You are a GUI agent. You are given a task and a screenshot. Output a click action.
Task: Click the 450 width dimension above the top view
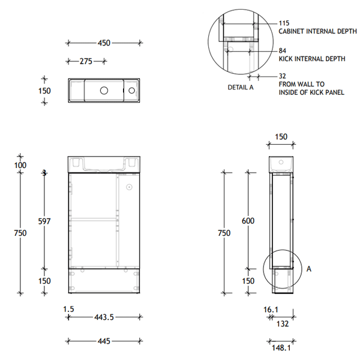[x=104, y=43]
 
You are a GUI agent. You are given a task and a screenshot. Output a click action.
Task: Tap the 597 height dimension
[x=44, y=221]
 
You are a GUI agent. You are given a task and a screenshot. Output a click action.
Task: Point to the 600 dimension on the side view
[x=248, y=221]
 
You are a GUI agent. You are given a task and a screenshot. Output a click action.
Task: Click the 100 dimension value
[x=20, y=165]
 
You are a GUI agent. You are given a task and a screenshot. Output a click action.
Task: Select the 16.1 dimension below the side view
[x=271, y=309]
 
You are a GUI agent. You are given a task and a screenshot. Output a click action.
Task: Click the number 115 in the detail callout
[x=284, y=23]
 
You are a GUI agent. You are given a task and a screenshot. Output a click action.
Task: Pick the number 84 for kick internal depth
[x=282, y=51]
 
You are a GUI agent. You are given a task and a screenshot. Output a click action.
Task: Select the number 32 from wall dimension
[x=282, y=77]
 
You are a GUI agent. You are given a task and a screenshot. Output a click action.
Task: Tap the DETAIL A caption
[x=240, y=87]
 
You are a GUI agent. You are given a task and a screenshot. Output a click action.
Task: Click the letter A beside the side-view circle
[x=309, y=269]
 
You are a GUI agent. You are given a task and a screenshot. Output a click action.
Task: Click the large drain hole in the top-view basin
[x=103, y=91]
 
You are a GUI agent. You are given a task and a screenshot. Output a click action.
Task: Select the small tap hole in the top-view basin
[x=131, y=91]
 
